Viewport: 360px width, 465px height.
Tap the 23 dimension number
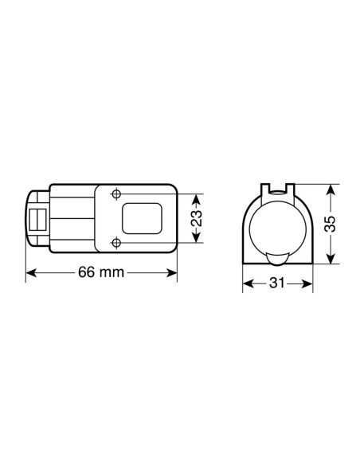[x=198, y=218]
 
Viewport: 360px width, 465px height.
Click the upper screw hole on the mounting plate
[x=117, y=194]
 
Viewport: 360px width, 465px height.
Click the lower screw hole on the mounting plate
[x=117, y=242]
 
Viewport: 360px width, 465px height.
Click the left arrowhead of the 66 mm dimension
[x=31, y=272]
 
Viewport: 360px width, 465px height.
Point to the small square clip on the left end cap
[x=36, y=218]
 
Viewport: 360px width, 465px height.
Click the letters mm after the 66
[x=113, y=272]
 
